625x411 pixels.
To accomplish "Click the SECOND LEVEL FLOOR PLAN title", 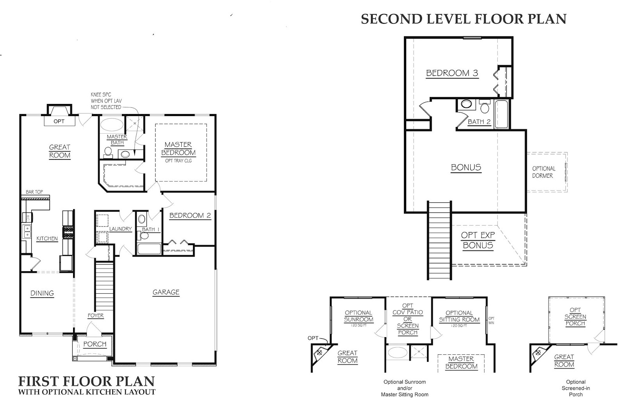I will [463, 19].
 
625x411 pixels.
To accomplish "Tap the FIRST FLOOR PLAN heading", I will [86, 381].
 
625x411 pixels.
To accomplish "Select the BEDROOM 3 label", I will [452, 73].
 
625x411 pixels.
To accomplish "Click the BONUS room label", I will [466, 168].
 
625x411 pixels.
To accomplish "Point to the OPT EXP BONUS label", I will [477, 240].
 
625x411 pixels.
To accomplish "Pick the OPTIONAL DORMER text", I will [543, 172].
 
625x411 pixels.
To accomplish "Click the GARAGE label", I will [166, 292].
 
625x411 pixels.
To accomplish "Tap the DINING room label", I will [42, 293].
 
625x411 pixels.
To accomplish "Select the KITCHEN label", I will [47, 238].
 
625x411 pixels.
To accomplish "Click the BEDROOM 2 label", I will [190, 215].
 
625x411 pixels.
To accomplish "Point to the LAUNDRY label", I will [120, 229].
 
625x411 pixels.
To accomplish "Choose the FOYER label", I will [96, 316].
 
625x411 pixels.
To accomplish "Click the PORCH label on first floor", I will [95, 344].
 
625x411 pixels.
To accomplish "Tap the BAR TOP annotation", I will [34, 192].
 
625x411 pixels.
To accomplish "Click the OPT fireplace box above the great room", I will [59, 121].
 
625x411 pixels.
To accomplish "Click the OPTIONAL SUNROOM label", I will [358, 316].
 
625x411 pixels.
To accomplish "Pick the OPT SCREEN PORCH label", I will [575, 317].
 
